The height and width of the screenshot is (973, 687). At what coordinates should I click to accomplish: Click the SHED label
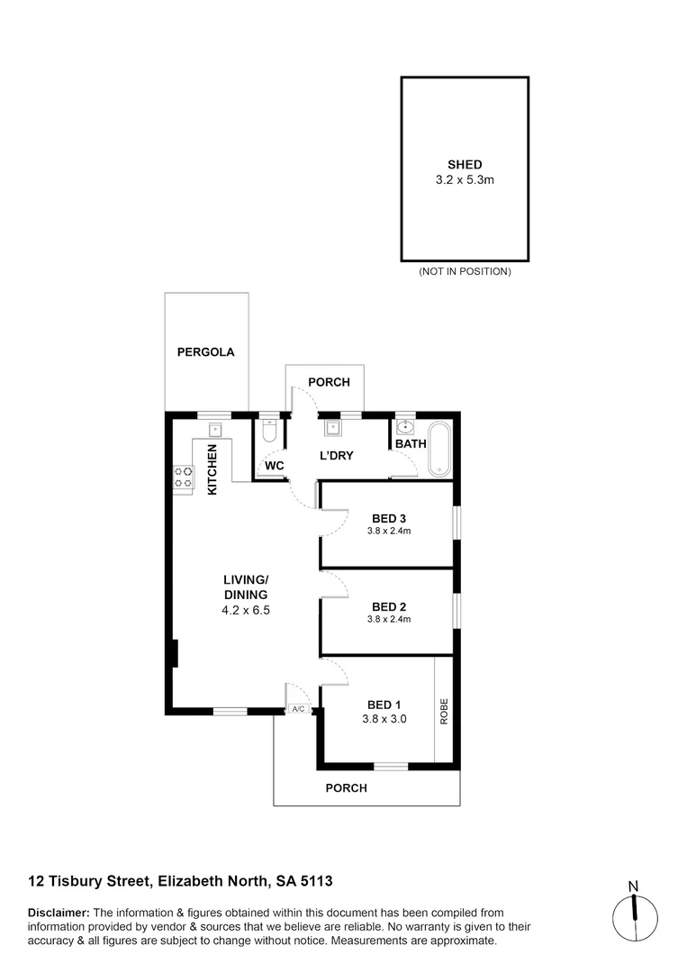point(465,165)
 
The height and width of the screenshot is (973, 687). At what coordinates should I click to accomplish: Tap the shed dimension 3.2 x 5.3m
point(465,180)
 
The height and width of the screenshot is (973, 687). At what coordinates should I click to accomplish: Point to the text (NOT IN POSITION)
point(465,271)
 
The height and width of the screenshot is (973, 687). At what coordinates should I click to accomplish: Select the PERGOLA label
point(205,352)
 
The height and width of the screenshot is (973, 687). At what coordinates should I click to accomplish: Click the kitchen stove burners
point(184,477)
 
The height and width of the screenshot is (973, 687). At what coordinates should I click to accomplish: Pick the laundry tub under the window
point(332,428)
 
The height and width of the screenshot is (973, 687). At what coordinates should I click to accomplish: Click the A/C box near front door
point(298,710)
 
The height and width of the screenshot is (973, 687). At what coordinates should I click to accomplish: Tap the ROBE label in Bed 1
point(443,712)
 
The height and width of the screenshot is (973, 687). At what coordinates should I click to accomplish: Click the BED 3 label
point(389,518)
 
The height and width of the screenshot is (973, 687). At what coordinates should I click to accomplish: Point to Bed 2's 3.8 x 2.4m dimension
point(389,619)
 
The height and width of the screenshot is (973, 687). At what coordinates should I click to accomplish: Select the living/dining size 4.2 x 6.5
point(246,610)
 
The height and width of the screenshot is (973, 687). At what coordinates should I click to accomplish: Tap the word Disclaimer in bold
point(59,913)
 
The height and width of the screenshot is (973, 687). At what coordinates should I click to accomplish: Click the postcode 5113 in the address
point(317,880)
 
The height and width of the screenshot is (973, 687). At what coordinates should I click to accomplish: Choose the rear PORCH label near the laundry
point(329,382)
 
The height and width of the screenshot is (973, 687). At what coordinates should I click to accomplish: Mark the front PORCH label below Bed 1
point(347,787)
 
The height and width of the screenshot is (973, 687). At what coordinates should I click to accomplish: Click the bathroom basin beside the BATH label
point(404,426)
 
